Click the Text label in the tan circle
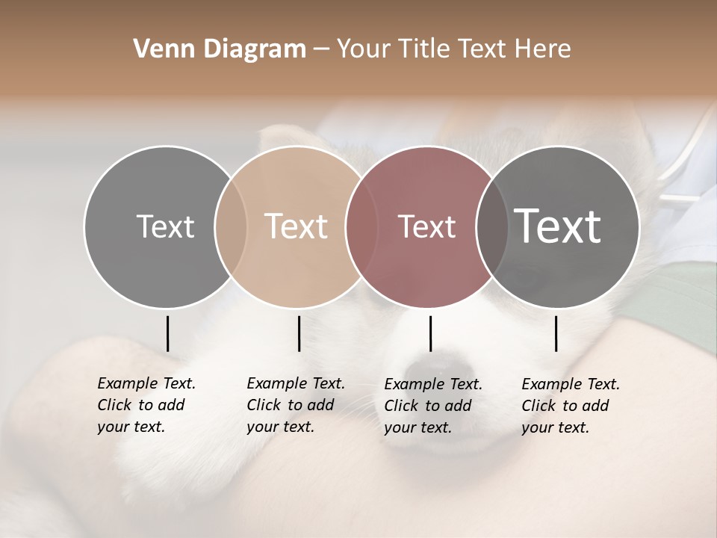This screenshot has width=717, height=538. point(297,226)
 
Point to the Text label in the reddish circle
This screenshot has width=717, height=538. point(426,226)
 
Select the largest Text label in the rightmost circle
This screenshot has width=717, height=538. point(558,226)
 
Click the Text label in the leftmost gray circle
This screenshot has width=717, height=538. point(165,226)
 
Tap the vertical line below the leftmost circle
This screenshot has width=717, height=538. point(167,333)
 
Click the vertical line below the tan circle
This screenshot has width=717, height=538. point(299,333)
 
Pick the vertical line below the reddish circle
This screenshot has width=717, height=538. point(430,333)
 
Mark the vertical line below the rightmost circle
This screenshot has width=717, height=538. point(556,333)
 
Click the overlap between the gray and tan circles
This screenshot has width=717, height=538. point(231,226)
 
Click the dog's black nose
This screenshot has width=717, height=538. point(441,368)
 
